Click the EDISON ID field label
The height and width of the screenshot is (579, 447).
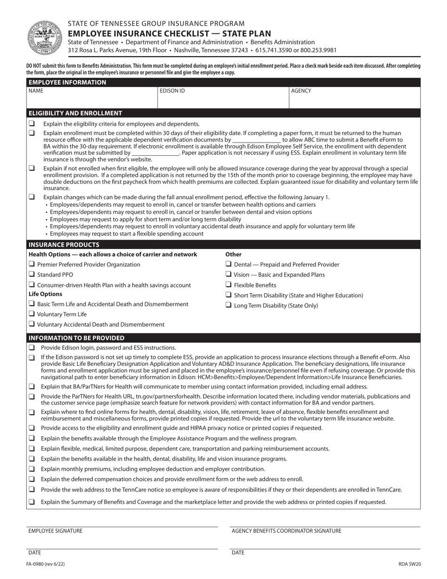click(x=172, y=91)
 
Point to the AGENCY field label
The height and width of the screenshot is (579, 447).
click(x=301, y=91)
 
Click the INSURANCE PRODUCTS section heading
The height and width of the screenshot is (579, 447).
click(x=64, y=245)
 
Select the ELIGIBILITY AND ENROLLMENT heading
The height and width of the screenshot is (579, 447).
click(x=75, y=113)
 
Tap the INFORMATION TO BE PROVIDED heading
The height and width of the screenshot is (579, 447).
click(x=77, y=338)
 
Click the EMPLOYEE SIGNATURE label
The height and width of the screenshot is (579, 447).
click(x=55, y=531)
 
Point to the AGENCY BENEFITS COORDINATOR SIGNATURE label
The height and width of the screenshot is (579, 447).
click(x=287, y=531)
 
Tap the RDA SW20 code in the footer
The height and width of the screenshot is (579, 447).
click(x=409, y=564)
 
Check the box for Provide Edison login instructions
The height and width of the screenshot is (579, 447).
click(x=32, y=347)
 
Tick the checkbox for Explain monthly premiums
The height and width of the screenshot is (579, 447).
click(x=32, y=469)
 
